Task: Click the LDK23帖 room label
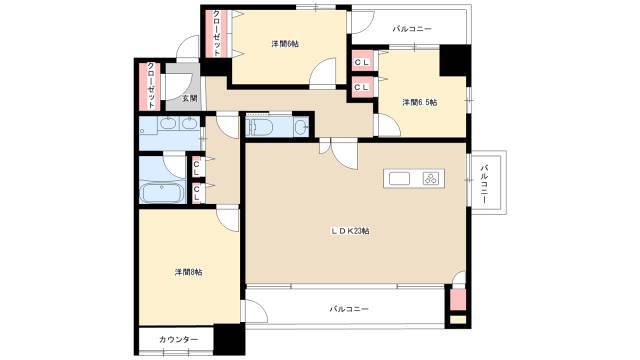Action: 350,231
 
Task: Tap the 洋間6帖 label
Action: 285,44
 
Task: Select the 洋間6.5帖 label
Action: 420,102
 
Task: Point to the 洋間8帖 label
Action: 188,272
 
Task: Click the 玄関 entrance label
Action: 190,98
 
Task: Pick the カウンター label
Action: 178,340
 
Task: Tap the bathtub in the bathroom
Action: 162,193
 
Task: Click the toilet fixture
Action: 260,127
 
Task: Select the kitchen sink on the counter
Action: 399,179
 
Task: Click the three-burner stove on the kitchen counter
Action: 430,179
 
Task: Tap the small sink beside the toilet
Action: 302,127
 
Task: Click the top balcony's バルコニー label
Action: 412,29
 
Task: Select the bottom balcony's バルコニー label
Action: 349,309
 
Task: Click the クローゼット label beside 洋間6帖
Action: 217,32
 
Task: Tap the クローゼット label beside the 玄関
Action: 151,85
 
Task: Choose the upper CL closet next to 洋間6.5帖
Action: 362,62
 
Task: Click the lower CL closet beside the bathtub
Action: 197,193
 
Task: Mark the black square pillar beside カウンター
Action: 229,338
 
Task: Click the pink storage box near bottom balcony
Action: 458,300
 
